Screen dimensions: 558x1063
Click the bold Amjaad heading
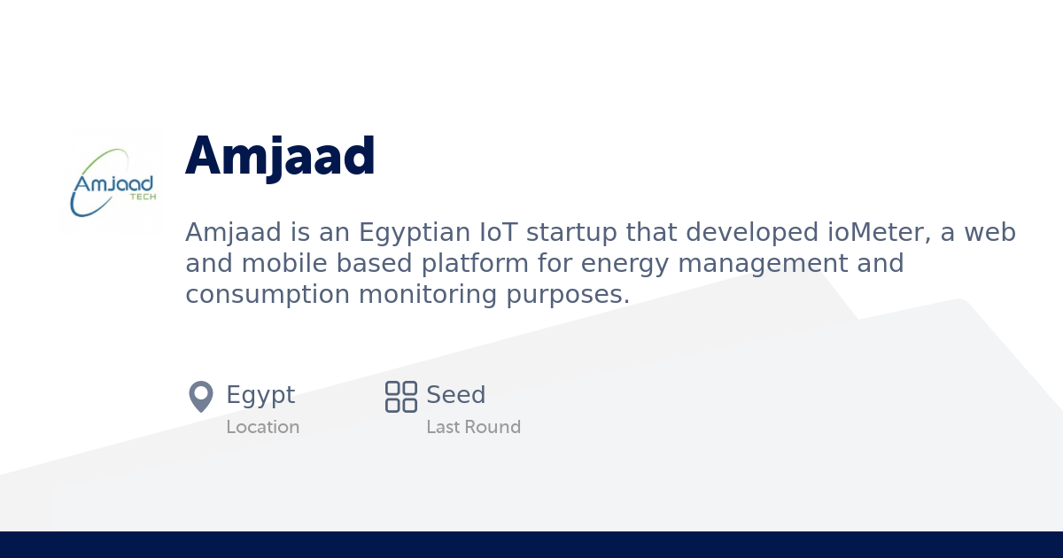click(280, 157)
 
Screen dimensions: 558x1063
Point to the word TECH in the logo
click(143, 198)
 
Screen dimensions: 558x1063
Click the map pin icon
click(201, 396)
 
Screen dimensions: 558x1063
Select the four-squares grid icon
click(401, 396)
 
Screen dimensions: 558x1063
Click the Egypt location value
click(260, 395)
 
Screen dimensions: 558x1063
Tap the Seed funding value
click(455, 395)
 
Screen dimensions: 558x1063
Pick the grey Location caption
click(262, 427)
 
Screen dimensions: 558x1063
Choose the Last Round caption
click(473, 427)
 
